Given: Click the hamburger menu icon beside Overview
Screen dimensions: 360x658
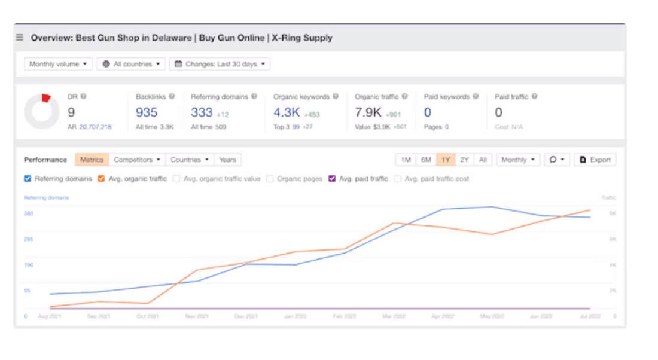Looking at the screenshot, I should (x=20, y=38).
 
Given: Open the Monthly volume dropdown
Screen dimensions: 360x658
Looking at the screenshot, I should (x=58, y=64).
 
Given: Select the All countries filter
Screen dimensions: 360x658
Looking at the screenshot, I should (x=132, y=64).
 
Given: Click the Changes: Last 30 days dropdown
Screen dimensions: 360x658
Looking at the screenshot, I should (x=220, y=64).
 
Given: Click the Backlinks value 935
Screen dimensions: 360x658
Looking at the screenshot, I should (x=147, y=112).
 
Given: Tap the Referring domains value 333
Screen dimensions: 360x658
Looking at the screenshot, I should (x=202, y=112).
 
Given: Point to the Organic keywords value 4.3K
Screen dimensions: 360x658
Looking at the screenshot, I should (x=287, y=112).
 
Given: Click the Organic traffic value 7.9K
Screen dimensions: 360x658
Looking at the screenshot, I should (x=368, y=112).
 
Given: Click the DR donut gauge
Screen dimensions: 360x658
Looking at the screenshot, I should (x=42, y=111).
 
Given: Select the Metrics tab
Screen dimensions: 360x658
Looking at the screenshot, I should (x=92, y=160).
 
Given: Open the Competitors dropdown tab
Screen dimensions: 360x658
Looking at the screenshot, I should (x=137, y=160).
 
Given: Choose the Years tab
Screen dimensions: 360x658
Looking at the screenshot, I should (x=227, y=160).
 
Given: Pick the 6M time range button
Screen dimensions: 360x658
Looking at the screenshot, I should (x=426, y=160).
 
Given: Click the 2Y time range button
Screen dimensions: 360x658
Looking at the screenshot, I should (x=464, y=160).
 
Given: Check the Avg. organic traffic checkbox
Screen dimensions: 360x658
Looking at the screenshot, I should (x=101, y=178).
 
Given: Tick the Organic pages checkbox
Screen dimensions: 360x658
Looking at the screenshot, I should (x=270, y=178).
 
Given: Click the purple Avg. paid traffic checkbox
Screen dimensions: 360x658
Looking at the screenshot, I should (x=332, y=178).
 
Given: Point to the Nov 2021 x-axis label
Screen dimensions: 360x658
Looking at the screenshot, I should (x=197, y=316).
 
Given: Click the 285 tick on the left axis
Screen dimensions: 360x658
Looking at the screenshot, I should (x=29, y=239).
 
